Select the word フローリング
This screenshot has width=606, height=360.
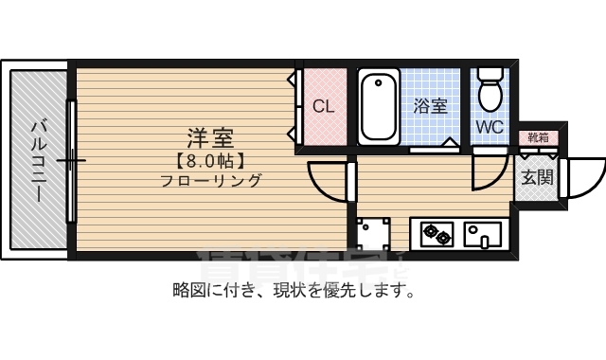point(210,180)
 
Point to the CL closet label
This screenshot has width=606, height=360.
point(324,106)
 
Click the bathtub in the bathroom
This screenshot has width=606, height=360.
point(379,106)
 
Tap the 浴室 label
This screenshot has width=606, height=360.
point(431,106)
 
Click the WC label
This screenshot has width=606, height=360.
point(490,126)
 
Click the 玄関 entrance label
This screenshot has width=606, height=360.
point(536,176)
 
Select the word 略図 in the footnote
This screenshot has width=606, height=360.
point(187,290)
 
